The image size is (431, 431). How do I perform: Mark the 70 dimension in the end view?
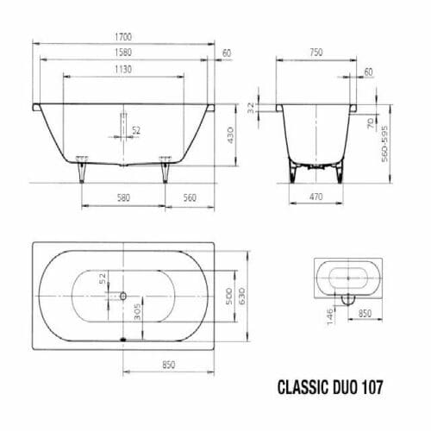[x=371, y=123]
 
